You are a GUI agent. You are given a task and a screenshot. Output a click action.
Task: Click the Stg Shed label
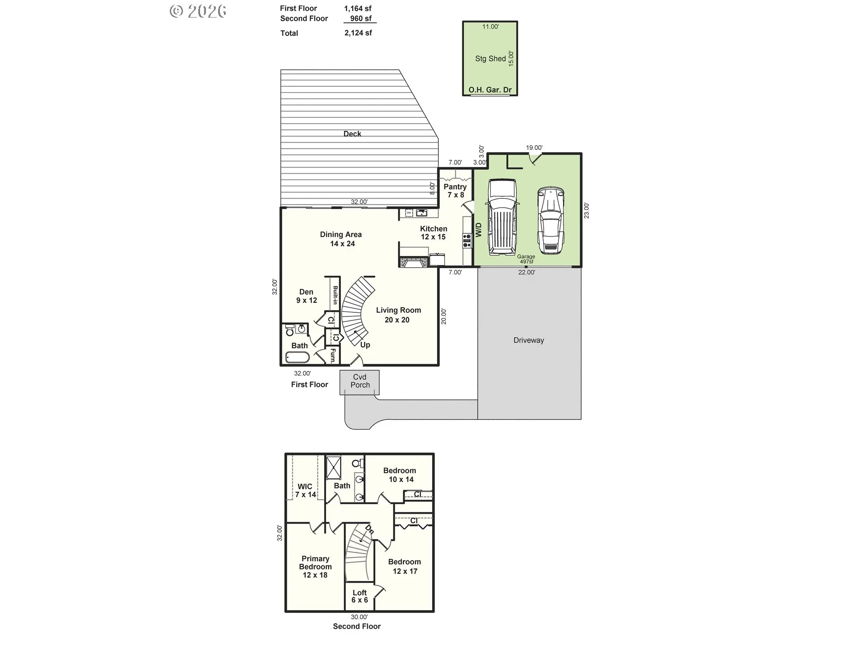(x=490, y=59)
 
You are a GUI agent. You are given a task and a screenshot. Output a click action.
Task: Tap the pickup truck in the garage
(x=502, y=218)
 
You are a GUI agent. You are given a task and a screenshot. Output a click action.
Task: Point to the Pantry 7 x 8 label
(x=455, y=190)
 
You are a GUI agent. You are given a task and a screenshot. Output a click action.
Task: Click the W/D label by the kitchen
(x=479, y=229)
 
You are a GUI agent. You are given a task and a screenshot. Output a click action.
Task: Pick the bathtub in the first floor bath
(x=297, y=357)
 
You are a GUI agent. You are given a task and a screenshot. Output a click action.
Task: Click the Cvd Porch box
(x=360, y=381)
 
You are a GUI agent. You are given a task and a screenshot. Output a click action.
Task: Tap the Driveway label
(x=528, y=340)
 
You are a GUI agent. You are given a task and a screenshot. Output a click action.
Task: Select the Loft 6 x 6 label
(x=359, y=596)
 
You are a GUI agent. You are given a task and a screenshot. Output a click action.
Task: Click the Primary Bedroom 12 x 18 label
(x=315, y=566)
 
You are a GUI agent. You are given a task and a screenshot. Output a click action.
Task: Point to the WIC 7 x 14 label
(x=305, y=490)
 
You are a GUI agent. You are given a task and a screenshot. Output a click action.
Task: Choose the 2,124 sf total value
(x=358, y=33)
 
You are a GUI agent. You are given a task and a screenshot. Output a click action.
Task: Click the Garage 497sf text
(x=526, y=259)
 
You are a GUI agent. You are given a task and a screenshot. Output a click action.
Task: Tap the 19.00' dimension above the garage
(x=534, y=148)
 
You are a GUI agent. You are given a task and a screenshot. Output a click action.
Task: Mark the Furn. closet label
(x=333, y=356)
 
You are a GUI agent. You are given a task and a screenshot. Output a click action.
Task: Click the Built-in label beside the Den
(x=335, y=295)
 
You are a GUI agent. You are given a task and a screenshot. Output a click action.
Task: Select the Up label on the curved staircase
(x=365, y=345)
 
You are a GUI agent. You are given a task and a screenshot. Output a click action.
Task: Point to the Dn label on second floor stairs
(x=369, y=529)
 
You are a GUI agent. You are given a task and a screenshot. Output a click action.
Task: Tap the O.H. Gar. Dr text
(x=490, y=90)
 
